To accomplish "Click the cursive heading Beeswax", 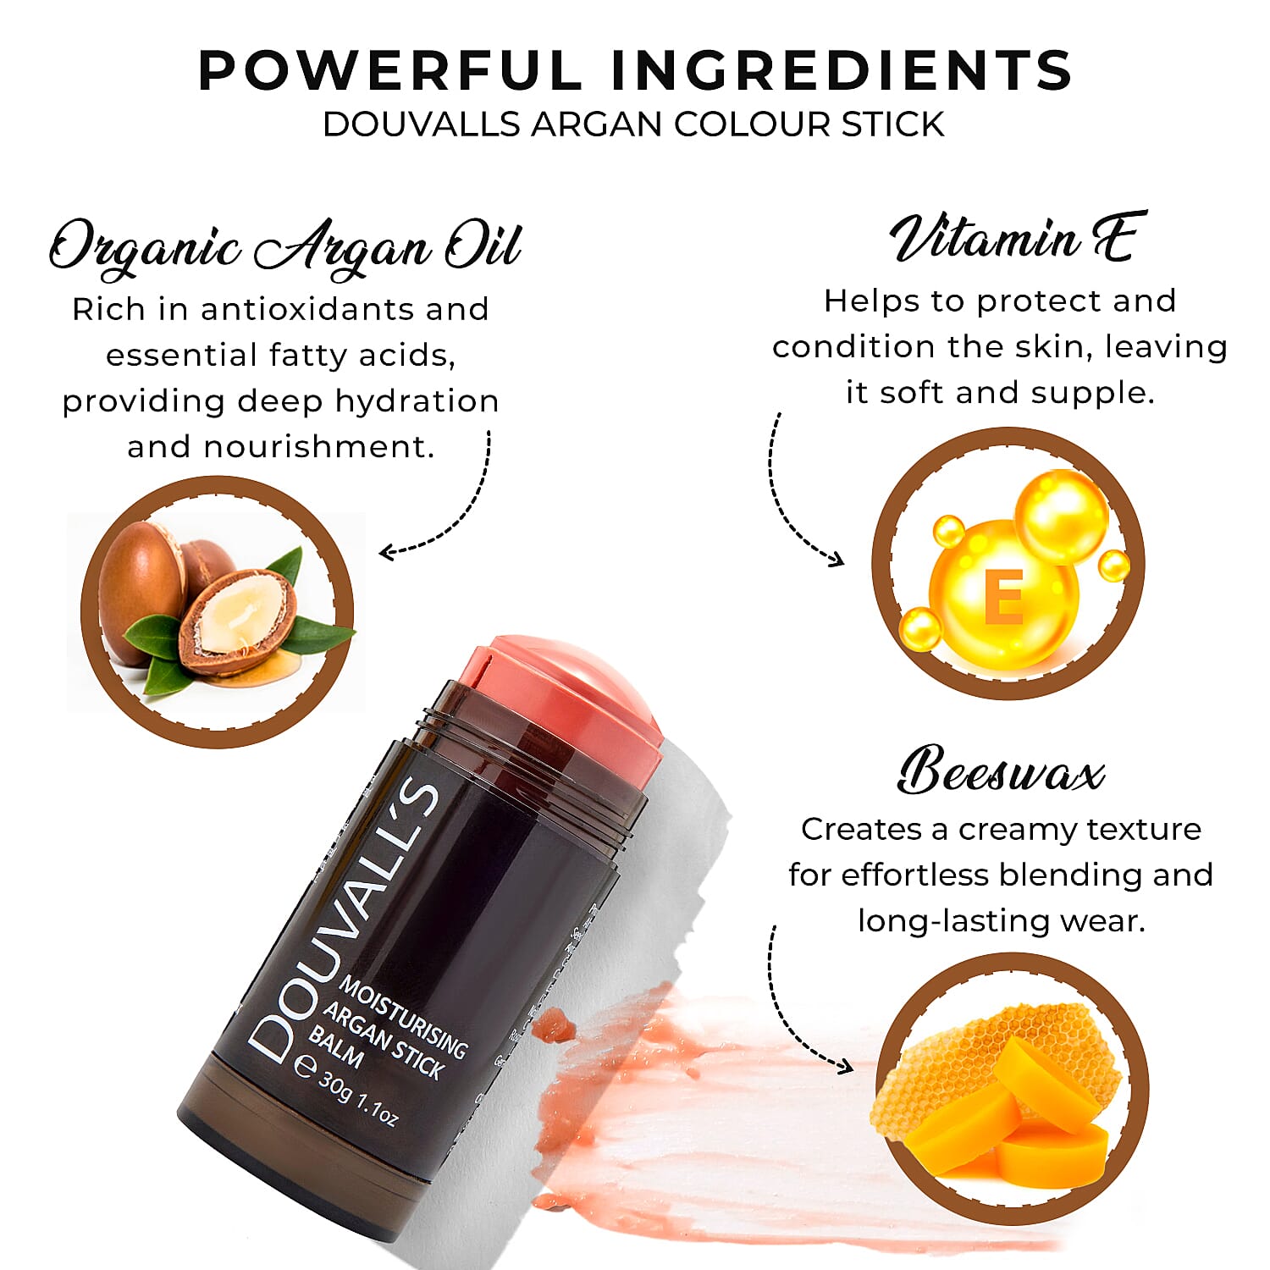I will pyautogui.click(x=1001, y=771).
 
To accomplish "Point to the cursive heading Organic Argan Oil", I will pyautogui.click(x=284, y=247).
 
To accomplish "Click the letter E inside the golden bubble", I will pyautogui.click(x=1004, y=596).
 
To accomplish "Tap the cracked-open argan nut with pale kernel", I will pyautogui.click(x=238, y=623).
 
